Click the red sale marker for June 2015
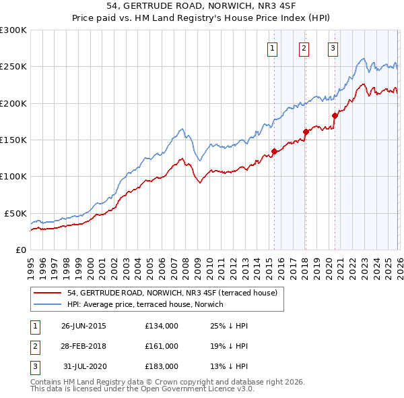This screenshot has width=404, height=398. (x=274, y=151)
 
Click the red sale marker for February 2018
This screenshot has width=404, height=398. (x=306, y=132)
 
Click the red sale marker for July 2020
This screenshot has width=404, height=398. (x=335, y=115)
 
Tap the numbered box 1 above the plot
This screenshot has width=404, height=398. (x=272, y=48)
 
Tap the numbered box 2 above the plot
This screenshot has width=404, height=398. (x=304, y=48)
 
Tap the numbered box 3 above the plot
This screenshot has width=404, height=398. (x=333, y=48)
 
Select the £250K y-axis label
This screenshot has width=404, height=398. (x=13, y=67)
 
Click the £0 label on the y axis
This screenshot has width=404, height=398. (x=20, y=250)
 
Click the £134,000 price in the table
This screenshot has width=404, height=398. (x=162, y=326)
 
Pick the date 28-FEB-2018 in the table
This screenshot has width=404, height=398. (x=83, y=346)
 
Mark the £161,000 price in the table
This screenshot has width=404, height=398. (x=162, y=346)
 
